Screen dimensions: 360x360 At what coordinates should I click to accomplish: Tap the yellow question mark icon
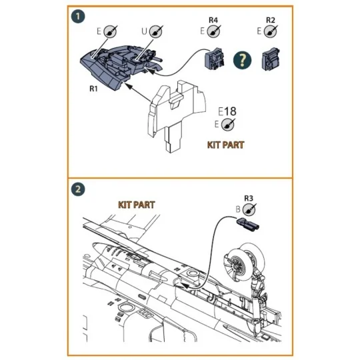tap(241, 60)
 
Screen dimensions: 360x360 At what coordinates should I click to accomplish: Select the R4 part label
tap(213, 20)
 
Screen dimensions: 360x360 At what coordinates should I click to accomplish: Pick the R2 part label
tap(270, 20)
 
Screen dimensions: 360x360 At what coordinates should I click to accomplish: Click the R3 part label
tap(249, 197)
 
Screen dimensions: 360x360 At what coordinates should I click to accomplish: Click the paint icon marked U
tap(156, 31)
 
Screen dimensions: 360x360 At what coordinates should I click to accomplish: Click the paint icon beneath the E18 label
tap(229, 124)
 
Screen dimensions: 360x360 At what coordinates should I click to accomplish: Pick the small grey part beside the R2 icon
tap(269, 59)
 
